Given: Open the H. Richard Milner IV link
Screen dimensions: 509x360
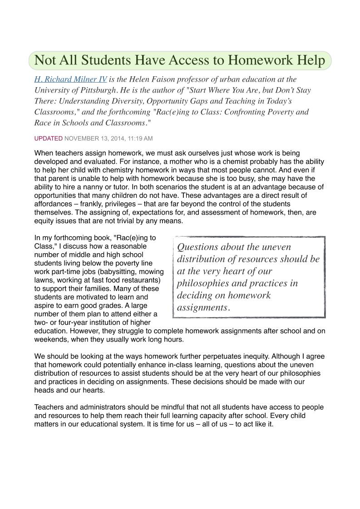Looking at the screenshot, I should tap(71, 79).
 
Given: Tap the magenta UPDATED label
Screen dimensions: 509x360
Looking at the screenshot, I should tap(49, 138).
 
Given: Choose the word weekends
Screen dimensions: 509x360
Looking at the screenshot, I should tap(50, 339).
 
